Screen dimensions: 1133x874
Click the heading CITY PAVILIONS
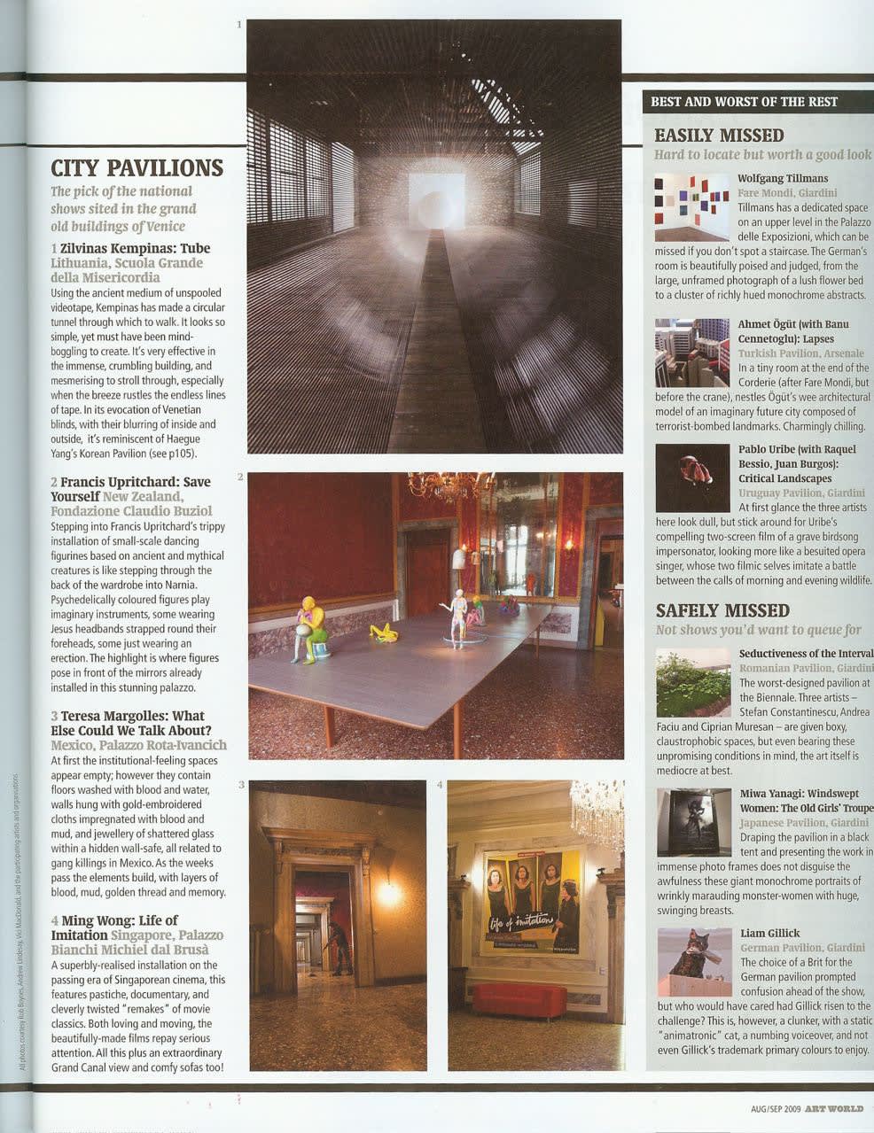pyautogui.click(x=137, y=167)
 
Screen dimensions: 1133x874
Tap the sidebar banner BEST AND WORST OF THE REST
pyautogui.click(x=744, y=102)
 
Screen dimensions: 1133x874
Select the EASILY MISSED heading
pyautogui.click(x=719, y=136)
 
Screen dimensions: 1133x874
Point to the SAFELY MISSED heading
pyautogui.click(x=722, y=610)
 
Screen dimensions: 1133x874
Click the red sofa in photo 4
pyautogui.click(x=519, y=1000)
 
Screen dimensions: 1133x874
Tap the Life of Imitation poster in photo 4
pyautogui.click(x=533, y=901)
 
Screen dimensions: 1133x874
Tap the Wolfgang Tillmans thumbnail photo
pyautogui.click(x=691, y=207)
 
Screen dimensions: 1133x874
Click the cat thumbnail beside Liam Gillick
pyautogui.click(x=694, y=961)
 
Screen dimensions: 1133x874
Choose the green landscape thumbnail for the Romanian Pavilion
pyautogui.click(x=693, y=682)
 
